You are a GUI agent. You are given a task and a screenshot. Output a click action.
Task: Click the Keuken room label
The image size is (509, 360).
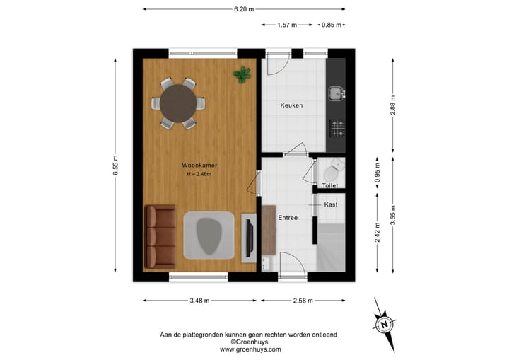291,105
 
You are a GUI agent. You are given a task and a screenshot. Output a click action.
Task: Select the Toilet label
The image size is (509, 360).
330,185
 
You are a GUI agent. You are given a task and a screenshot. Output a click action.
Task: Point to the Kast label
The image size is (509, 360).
330,204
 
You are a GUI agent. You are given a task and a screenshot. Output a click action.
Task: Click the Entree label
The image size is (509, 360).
288,218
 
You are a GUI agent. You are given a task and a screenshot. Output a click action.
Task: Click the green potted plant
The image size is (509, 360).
242,73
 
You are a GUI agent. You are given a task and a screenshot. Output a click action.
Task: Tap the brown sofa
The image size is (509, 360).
160,236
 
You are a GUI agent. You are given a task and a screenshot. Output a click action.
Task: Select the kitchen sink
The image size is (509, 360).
336,92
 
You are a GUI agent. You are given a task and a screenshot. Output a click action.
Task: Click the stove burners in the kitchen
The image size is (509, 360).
337,128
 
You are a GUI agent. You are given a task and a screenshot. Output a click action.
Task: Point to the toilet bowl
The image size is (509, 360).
330,170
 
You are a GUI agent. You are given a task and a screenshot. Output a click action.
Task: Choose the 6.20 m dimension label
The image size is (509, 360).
244,9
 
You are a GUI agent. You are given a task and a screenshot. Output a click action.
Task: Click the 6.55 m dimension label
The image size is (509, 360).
116,167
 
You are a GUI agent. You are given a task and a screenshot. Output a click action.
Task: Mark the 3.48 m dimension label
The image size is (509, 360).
199,301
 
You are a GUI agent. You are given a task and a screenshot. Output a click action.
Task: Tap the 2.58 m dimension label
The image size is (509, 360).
303,301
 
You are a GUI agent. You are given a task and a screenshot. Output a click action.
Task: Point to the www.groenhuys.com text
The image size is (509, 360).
250,349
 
